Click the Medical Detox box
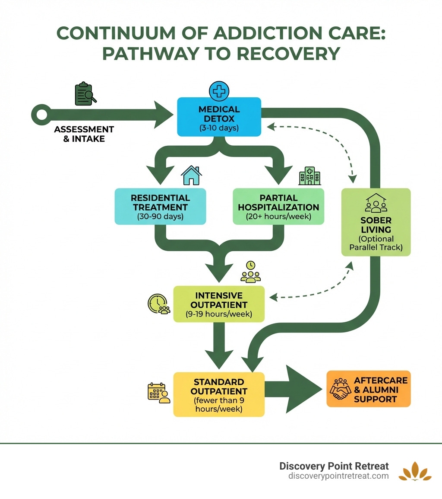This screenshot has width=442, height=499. (x=219, y=117)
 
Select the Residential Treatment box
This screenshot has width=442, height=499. (x=160, y=207)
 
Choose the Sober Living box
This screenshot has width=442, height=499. (x=376, y=222)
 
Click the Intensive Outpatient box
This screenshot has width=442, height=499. (x=219, y=304)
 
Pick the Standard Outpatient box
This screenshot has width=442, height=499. (x=219, y=394)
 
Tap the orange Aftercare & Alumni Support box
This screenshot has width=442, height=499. (x=368, y=389)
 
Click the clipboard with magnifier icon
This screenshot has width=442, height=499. (x=85, y=94)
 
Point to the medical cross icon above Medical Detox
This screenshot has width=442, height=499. (x=219, y=91)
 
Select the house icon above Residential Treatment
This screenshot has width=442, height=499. (x=191, y=175)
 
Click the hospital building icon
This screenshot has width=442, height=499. (x=309, y=176)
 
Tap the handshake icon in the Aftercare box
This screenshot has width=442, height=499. (x=341, y=389)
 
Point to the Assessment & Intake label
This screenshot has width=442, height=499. (x=84, y=134)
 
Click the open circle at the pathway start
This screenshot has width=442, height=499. (x=41, y=115)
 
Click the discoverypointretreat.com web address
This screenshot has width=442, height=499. (x=338, y=476)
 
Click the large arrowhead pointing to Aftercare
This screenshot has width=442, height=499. (x=302, y=389)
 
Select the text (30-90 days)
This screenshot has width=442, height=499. (x=160, y=217)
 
